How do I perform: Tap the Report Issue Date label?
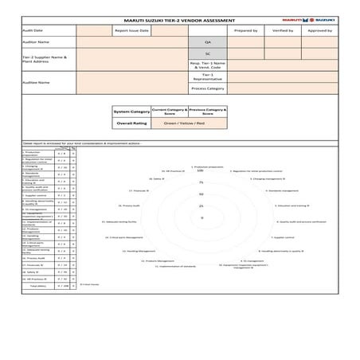click(x=131, y=29)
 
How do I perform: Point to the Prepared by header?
click(x=246, y=29)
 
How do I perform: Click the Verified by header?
click(x=282, y=29)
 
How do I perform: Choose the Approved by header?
click(x=319, y=29)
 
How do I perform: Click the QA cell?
click(x=208, y=41)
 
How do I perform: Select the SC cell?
click(x=208, y=53)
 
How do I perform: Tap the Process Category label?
click(x=208, y=88)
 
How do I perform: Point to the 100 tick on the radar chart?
click(x=201, y=170)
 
